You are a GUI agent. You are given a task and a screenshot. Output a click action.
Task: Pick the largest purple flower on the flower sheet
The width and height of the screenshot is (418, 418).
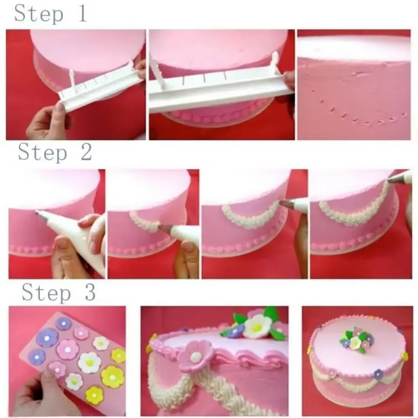(x=47, y=337)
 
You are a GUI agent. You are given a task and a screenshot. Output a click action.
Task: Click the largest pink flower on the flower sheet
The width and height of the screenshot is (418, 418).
(x=68, y=349)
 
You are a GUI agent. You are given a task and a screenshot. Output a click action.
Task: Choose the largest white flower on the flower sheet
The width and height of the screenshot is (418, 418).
(x=90, y=362)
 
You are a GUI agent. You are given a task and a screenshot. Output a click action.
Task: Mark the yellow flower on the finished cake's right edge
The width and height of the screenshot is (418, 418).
(x=404, y=356)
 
